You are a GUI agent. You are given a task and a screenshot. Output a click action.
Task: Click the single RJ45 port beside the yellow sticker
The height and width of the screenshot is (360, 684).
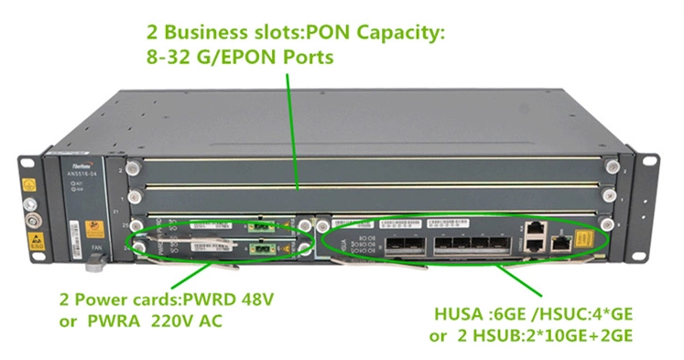(559, 243)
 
